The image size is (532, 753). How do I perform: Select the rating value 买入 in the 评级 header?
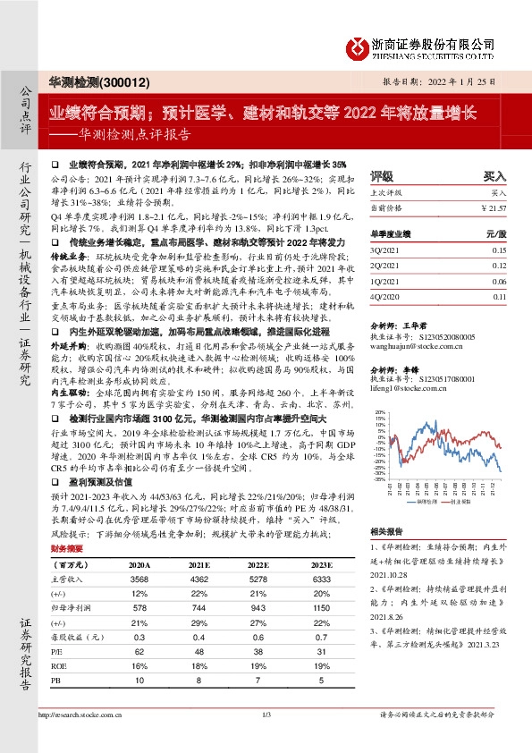click(x=494, y=177)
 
